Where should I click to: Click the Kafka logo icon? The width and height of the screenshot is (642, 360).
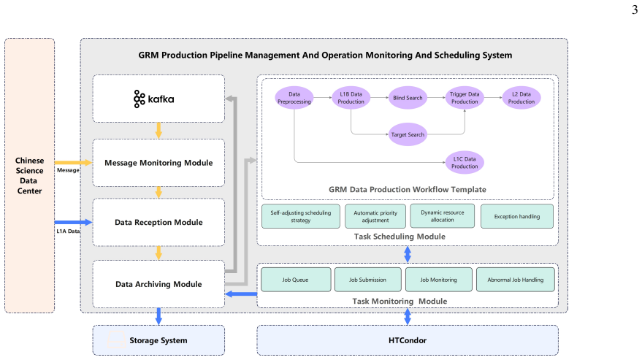[x=140, y=99]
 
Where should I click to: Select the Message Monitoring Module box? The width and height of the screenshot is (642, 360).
[x=158, y=163]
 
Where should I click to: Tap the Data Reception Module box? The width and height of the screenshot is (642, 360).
[x=158, y=222]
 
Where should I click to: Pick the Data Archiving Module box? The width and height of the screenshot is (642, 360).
[x=158, y=284]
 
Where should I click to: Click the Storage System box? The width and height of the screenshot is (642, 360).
[x=158, y=340]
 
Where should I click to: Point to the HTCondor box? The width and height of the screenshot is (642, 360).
[x=408, y=340]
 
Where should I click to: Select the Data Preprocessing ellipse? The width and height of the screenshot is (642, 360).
[x=294, y=98]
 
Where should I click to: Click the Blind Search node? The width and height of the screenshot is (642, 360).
[x=408, y=98]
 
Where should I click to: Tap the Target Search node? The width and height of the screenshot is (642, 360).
[x=408, y=134]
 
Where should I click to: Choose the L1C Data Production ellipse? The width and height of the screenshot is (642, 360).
[x=465, y=163]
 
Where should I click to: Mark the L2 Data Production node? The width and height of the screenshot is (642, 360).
[x=521, y=98]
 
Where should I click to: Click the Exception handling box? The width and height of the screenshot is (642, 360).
[x=516, y=216]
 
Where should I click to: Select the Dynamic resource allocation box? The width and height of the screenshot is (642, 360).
[x=442, y=216]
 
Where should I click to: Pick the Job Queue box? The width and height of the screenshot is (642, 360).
[x=296, y=280]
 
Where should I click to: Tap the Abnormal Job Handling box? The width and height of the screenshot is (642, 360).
[x=516, y=280]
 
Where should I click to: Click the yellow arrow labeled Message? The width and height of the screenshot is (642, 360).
[x=73, y=163]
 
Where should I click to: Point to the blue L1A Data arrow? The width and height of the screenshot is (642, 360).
[x=73, y=223]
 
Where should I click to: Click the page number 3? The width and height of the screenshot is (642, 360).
[x=635, y=9]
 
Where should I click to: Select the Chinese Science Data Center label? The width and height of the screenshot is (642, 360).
[x=29, y=176]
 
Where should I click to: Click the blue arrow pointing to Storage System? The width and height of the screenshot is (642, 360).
[x=158, y=316]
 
